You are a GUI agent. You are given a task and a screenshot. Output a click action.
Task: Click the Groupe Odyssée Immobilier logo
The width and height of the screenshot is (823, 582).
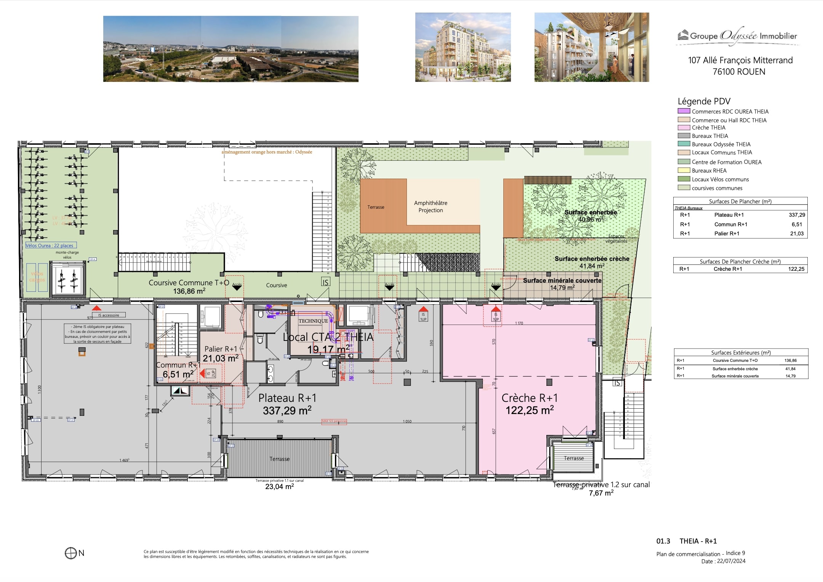point(737,37)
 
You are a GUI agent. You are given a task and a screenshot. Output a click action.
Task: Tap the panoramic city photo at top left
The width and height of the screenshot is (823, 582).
point(231,49)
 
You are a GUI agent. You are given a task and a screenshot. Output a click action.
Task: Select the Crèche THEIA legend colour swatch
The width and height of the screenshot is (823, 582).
point(684,128)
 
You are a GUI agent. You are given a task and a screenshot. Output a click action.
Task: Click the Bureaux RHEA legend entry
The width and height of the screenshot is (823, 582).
point(709,171)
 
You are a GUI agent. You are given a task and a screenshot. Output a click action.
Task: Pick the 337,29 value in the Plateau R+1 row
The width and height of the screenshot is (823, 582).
point(797,215)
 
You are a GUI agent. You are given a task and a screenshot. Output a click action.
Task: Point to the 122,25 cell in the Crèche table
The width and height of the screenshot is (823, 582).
point(796,269)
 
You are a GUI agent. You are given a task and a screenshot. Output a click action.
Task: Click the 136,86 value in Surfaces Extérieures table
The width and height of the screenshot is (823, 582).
point(790,360)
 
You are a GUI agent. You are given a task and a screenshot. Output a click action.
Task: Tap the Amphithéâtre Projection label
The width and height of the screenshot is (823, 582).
point(431,206)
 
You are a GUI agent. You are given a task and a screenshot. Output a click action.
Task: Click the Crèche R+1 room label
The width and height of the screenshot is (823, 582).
point(529,398)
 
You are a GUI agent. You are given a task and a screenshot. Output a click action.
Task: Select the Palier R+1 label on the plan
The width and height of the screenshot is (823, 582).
point(221,349)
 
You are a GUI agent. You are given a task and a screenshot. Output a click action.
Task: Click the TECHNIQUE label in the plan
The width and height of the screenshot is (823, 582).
point(313,321)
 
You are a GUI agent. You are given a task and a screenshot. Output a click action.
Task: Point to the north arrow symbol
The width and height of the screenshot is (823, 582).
point(71,553)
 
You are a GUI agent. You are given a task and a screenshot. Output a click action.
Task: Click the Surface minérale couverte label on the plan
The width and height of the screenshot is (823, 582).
point(562,281)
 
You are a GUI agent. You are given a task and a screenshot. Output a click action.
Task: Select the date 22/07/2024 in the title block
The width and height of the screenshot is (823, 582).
point(731,561)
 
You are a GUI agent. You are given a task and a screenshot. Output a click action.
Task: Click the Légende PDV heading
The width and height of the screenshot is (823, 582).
point(704,101)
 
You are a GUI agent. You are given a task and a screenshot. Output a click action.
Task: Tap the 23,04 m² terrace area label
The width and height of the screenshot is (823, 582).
point(279,486)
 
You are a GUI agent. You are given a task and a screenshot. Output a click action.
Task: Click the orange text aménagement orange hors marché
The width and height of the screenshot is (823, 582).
point(267,152)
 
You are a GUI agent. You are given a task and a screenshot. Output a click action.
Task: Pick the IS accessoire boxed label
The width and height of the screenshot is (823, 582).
point(109,315)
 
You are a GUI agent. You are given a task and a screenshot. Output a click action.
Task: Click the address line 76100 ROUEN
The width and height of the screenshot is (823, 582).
point(738,72)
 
